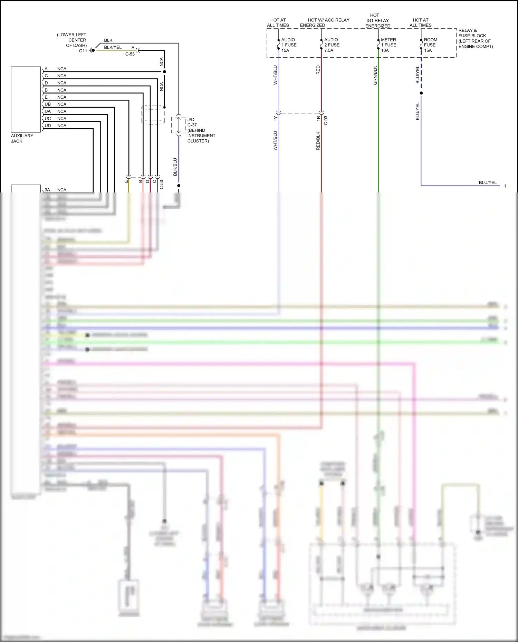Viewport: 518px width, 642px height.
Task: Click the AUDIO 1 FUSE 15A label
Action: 289,45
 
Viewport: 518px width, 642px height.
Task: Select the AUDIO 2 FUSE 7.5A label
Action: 332,45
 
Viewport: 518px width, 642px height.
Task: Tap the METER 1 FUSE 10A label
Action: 388,45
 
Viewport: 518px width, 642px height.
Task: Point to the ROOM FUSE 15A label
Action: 430,45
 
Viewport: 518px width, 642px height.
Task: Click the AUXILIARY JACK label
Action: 22,138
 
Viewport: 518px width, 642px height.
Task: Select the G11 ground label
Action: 83,51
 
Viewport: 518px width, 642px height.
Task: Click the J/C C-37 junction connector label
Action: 201,130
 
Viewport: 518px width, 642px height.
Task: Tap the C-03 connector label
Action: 326,120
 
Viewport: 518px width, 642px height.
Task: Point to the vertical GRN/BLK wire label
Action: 375,75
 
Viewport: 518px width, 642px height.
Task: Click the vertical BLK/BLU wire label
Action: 175,167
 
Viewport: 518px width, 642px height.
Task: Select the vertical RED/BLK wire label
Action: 318,140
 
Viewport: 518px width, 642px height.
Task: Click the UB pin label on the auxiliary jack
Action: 48,104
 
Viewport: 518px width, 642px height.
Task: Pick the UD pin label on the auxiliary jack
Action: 48,126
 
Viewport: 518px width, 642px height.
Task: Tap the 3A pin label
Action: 47,190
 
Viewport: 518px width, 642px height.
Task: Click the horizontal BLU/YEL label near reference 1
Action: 487,182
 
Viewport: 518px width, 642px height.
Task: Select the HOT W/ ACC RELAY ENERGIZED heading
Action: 328,22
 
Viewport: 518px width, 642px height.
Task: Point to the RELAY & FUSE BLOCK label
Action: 475,38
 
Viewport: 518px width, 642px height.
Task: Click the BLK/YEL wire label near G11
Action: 113,47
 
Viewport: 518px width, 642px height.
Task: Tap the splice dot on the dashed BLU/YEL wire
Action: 421,93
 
